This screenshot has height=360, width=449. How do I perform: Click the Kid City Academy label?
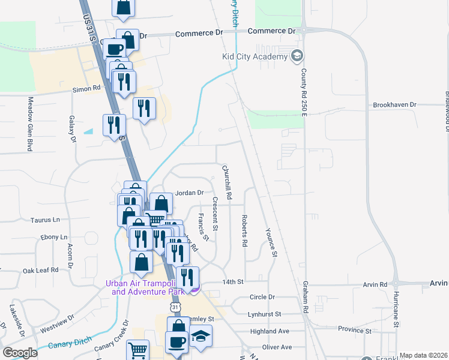click(254, 57)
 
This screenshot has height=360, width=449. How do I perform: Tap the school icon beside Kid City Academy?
click(297, 57)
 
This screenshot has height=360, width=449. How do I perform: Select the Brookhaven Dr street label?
click(394, 104)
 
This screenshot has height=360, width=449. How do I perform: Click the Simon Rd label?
click(86, 89)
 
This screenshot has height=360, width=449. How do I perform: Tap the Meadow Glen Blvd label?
click(28, 124)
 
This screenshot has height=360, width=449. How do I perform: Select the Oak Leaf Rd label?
click(41, 270)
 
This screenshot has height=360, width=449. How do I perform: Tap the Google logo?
click(20, 353)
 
